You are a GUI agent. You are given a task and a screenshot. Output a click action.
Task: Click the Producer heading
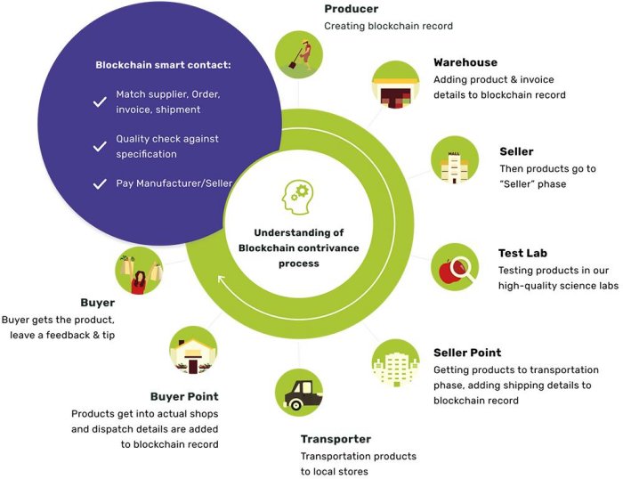point(351,10)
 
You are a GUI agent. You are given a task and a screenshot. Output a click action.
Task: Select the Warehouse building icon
point(394,86)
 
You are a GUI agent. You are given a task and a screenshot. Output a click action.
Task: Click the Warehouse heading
point(465,63)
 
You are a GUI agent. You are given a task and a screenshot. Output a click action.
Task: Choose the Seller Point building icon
point(395,360)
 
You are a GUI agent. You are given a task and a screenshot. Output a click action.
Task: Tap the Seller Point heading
point(467,353)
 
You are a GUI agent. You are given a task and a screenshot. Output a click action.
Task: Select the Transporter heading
point(336,440)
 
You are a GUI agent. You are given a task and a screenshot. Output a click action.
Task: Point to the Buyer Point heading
point(185,397)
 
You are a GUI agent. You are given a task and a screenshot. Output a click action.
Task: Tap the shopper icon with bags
point(141,271)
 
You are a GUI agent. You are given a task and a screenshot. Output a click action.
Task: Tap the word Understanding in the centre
point(297,232)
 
